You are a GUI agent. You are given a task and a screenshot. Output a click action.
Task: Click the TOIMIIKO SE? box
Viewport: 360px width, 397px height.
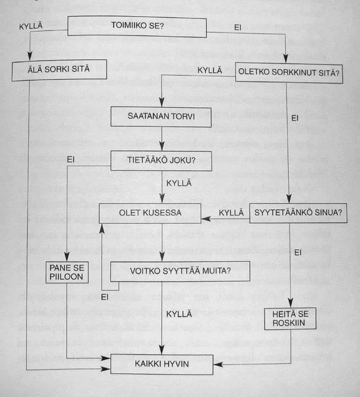tap(137, 26)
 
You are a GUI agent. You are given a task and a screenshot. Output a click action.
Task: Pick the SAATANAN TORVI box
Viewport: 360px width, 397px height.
tap(161, 116)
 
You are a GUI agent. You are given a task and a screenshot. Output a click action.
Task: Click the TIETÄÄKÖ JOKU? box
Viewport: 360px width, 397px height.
tap(161, 161)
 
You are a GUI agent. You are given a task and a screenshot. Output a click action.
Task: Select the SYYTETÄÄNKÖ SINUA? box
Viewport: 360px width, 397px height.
tap(298, 212)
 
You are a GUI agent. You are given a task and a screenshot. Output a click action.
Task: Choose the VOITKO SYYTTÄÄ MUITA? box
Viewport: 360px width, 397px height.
tap(180, 271)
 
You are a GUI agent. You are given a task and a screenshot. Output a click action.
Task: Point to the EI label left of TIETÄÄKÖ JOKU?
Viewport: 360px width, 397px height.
tap(72, 160)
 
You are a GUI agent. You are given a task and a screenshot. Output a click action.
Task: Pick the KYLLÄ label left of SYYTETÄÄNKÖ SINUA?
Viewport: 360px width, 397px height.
tap(231, 212)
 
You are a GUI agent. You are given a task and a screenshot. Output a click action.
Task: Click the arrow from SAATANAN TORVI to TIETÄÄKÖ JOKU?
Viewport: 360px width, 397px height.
tap(161, 138)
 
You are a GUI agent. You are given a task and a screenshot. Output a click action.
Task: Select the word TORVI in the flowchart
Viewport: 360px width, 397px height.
tap(184, 116)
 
